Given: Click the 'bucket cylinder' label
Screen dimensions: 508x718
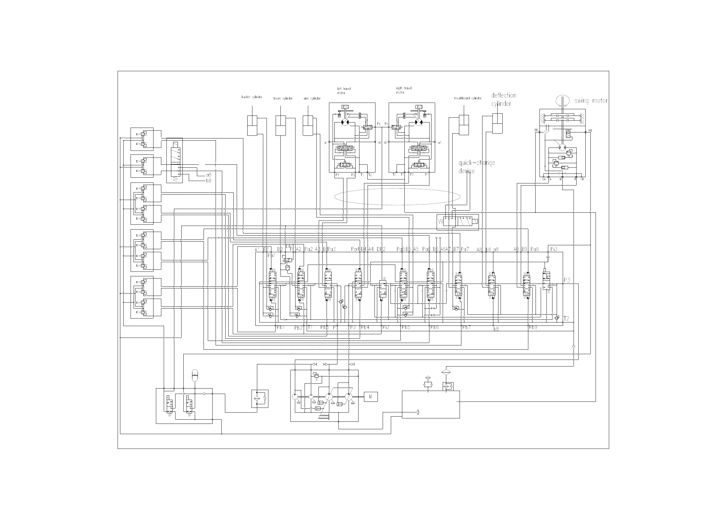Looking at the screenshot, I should click(x=251, y=97).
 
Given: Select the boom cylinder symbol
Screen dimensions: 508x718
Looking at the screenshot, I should click(x=280, y=125).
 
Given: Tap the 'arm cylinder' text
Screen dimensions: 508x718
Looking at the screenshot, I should click(x=312, y=99).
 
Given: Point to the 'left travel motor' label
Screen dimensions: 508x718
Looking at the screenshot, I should click(x=344, y=91).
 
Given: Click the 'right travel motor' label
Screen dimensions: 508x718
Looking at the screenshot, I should click(x=403, y=90).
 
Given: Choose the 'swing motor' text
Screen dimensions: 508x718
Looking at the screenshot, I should click(x=591, y=101).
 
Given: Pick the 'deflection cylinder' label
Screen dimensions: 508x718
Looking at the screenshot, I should click(x=503, y=100).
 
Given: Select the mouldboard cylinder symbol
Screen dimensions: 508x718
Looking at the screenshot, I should click(x=464, y=125).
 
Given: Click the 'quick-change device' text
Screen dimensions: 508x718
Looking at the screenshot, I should click(x=476, y=167).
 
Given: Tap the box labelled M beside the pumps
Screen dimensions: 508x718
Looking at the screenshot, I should click(x=371, y=397).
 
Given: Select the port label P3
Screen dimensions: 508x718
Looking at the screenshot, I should click(x=567, y=280).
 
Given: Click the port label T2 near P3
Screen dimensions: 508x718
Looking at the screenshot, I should click(x=566, y=319).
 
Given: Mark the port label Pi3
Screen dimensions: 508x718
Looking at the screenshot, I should click(x=554, y=249).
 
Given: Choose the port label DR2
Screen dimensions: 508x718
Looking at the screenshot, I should click(x=381, y=249).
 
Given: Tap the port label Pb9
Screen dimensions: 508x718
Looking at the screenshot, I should click(x=533, y=327).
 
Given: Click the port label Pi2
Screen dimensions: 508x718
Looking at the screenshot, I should click(x=386, y=327).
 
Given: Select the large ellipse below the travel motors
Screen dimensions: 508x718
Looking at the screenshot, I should click(x=397, y=196).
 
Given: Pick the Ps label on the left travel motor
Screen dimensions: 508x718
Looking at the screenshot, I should click(x=378, y=124).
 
